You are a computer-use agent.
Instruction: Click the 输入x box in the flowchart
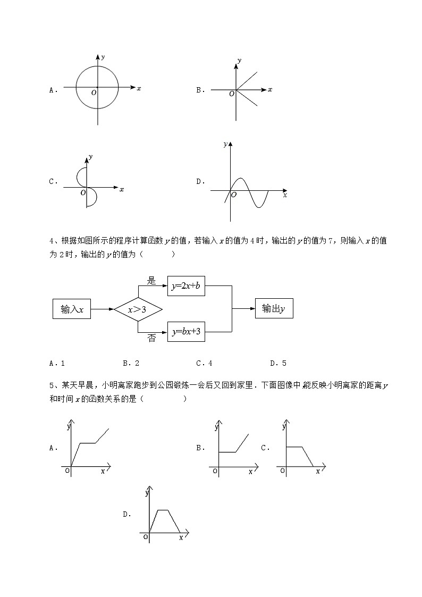pyautogui.click(x=72, y=309)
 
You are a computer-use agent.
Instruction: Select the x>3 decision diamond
pyautogui.click(x=138, y=309)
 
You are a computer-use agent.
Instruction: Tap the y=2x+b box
pyautogui.click(x=186, y=286)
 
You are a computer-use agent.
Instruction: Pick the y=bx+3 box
pyautogui.click(x=186, y=332)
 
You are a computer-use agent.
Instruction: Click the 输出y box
pyautogui.click(x=274, y=308)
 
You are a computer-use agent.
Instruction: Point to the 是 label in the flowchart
pyautogui.click(x=151, y=281)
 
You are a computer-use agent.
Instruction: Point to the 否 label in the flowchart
pyautogui.click(x=151, y=339)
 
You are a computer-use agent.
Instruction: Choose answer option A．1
pyautogui.click(x=57, y=364)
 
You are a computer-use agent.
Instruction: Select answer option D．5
pyautogui.click(x=278, y=364)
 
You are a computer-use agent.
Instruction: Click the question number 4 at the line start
pyautogui.click(x=51, y=241)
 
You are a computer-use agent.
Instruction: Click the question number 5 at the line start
pyautogui.click(x=51, y=385)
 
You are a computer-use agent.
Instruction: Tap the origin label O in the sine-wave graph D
pyautogui.click(x=234, y=196)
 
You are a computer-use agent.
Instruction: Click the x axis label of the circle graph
pyautogui.click(x=139, y=88)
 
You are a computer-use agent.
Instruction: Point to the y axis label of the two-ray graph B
pyautogui.click(x=240, y=61)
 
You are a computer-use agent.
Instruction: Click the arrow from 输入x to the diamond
pyautogui.click(x=102, y=309)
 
